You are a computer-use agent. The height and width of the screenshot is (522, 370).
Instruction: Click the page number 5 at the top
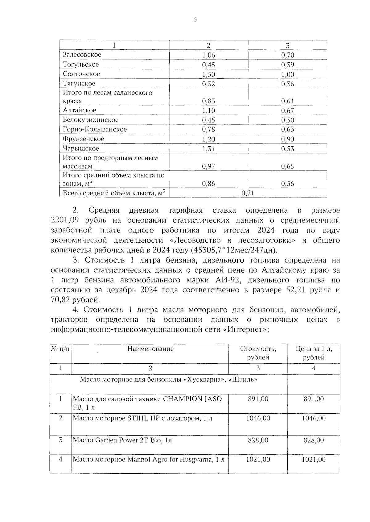[x=195, y=20]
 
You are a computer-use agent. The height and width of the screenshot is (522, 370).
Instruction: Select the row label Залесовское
[x=82, y=55]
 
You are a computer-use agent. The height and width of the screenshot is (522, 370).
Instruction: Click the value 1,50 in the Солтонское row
[x=208, y=74]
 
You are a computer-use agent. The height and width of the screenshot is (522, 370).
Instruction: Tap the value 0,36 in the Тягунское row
[x=287, y=84]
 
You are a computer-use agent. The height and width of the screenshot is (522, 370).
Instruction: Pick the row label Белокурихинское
[x=91, y=120]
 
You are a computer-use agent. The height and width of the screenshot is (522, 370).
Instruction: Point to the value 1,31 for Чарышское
[x=208, y=149]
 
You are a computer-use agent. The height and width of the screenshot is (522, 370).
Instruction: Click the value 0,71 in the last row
[x=248, y=193]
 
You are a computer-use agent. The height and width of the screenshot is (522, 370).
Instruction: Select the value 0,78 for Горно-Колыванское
[x=208, y=129]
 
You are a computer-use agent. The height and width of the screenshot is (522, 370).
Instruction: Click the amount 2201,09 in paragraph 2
[x=64, y=221]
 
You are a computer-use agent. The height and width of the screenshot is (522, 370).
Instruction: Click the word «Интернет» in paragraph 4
[x=245, y=329]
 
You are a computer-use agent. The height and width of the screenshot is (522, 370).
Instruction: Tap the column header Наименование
[x=150, y=349]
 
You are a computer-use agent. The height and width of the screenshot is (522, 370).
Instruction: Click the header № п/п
[x=60, y=349]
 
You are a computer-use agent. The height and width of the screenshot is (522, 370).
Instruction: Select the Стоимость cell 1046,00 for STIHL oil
[x=258, y=418]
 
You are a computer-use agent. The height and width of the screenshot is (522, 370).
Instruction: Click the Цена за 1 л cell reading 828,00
[x=314, y=440]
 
